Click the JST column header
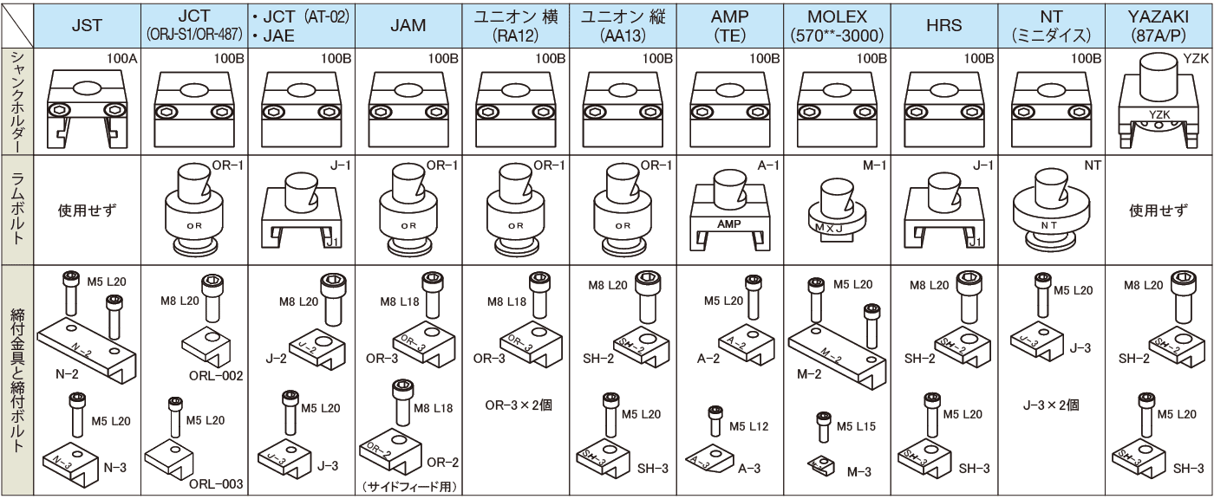[x=87, y=25]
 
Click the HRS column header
[x=943, y=25]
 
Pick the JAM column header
[x=408, y=25]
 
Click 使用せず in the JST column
[x=87, y=210]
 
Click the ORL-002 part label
[x=216, y=376]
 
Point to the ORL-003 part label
[x=216, y=483]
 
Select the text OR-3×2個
[x=515, y=404]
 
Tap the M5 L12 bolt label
[x=748, y=426]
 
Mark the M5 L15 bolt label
[x=856, y=426]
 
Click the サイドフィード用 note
[x=408, y=486]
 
